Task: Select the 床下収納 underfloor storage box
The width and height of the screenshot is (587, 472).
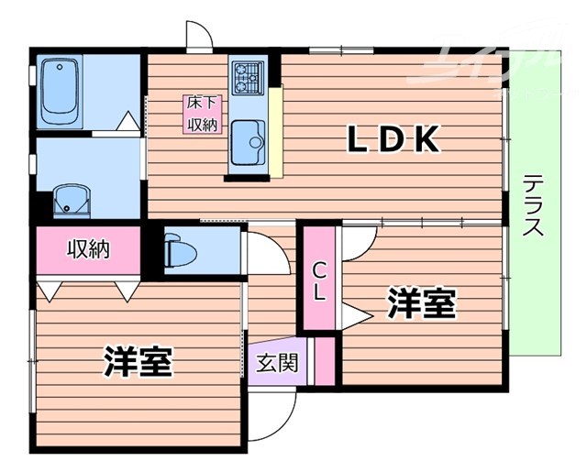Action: [202, 115]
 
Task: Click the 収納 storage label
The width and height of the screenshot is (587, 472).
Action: [88, 249]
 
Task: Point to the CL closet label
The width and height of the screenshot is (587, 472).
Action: [318, 281]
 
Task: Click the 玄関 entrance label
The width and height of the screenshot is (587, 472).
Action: [276, 363]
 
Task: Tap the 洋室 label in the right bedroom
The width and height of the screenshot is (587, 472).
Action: [421, 303]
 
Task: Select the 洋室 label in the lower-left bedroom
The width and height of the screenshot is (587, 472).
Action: [138, 361]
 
